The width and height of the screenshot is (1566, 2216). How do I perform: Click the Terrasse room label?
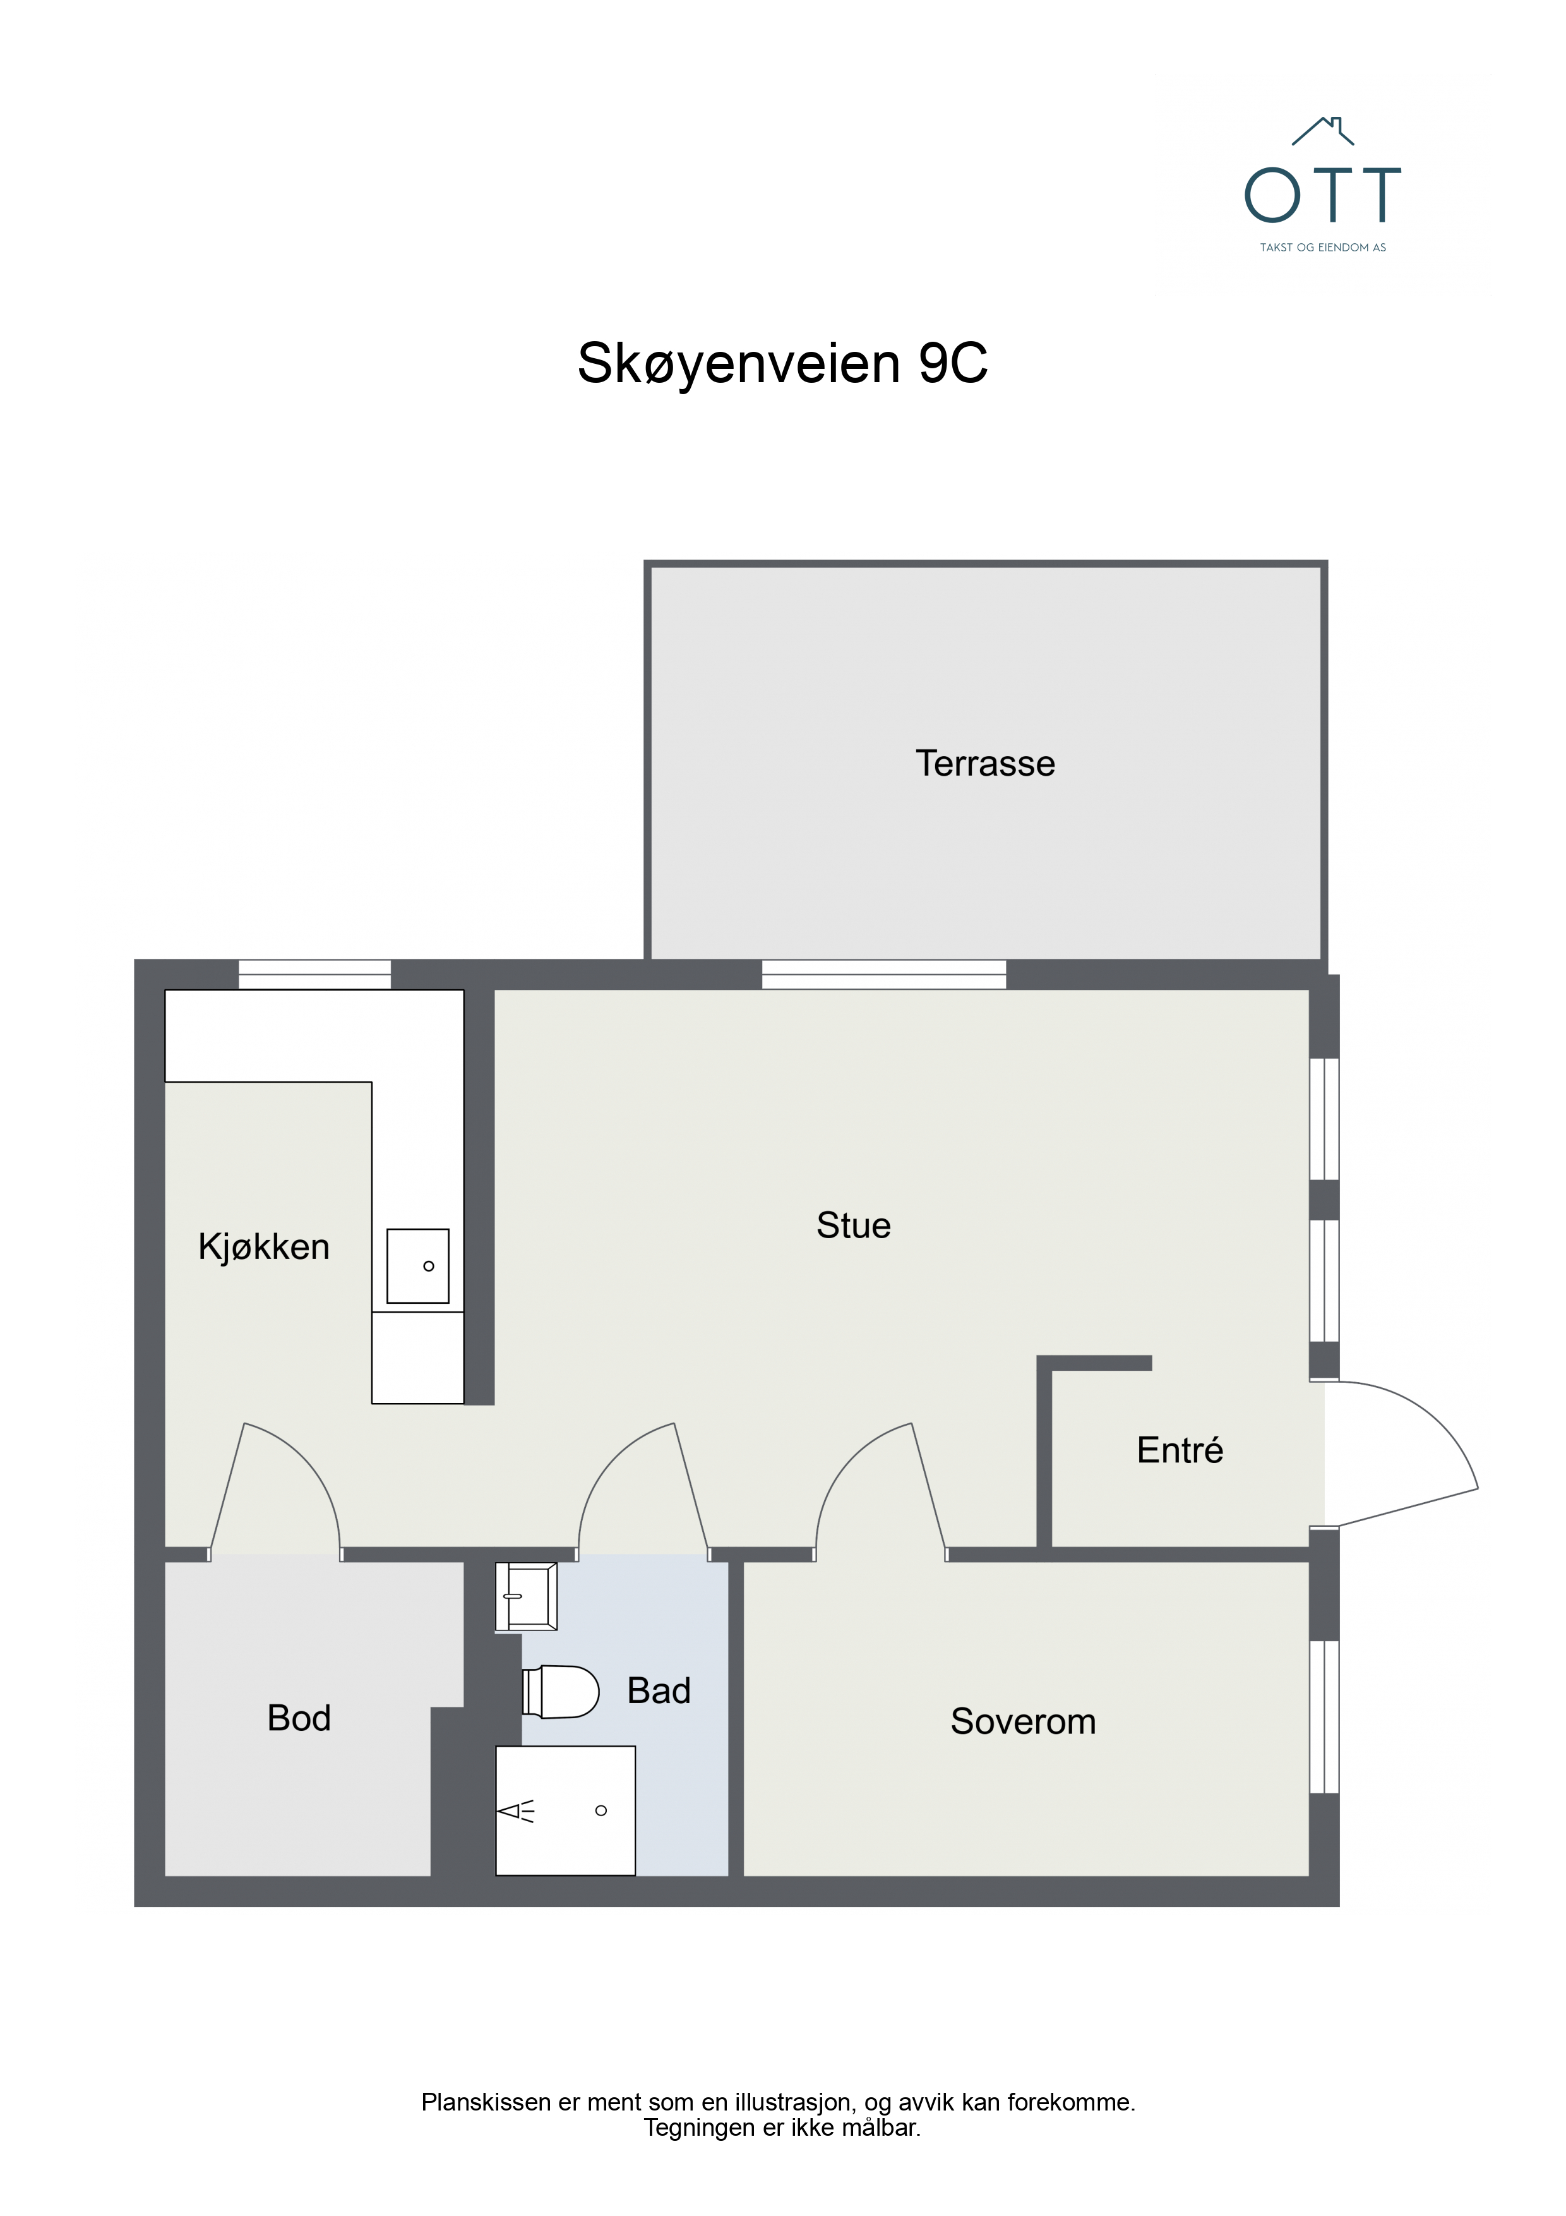tap(984, 764)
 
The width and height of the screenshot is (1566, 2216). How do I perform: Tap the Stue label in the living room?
tap(853, 1225)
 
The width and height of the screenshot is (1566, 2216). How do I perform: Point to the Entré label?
tap(1179, 1450)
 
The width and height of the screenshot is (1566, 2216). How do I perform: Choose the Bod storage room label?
tap(299, 1718)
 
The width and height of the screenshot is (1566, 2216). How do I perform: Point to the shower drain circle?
tap(601, 1810)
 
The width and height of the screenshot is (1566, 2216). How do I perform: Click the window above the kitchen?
tap(314, 974)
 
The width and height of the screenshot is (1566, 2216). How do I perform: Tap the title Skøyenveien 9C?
tap(782, 364)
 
